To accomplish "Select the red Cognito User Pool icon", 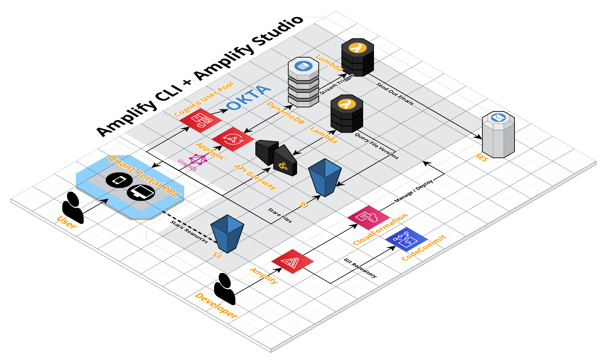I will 201,120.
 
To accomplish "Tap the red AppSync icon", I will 233,139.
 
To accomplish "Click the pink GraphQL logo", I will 198,160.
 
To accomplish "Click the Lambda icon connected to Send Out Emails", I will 357,58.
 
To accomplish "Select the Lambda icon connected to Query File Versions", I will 347,114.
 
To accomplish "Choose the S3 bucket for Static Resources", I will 227,234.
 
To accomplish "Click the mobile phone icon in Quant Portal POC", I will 119,180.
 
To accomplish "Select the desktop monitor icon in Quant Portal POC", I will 141,193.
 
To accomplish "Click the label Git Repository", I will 360,268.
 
